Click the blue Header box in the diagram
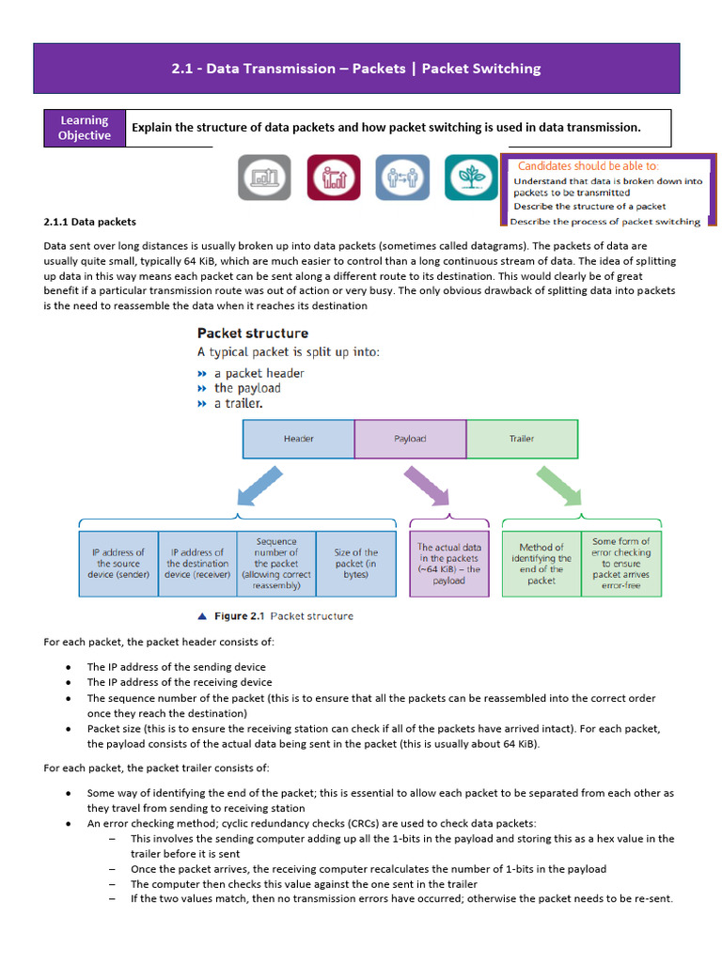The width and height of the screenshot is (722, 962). [x=298, y=439]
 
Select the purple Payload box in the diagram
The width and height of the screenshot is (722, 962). [x=410, y=439]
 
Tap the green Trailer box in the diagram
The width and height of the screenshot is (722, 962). [x=522, y=439]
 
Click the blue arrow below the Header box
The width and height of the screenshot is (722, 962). [x=259, y=486]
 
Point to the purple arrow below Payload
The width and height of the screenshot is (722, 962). [x=427, y=486]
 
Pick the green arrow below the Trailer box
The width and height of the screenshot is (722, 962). [x=559, y=486]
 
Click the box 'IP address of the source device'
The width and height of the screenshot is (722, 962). [x=118, y=564]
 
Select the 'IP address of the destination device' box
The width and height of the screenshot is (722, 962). [x=197, y=564]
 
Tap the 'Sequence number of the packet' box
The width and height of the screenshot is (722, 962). [x=276, y=564]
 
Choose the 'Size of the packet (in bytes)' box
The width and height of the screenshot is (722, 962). [x=356, y=564]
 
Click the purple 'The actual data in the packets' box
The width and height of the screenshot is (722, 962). [x=449, y=564]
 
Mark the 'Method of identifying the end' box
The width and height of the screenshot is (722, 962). [x=541, y=564]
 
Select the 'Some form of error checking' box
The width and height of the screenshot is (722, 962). [x=621, y=564]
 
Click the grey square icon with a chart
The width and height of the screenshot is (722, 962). [x=264, y=178]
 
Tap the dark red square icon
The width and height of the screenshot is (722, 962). [x=334, y=178]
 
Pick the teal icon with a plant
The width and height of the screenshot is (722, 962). [x=472, y=178]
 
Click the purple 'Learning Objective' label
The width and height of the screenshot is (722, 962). [x=85, y=128]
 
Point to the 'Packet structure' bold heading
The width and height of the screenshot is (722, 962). [x=253, y=334]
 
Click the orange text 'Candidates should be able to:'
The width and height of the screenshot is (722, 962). [x=589, y=165]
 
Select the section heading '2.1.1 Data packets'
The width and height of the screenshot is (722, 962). [x=89, y=222]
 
